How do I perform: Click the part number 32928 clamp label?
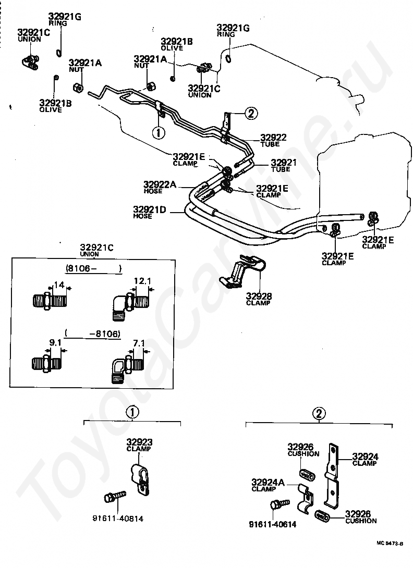[259, 299]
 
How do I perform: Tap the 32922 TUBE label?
[273, 140]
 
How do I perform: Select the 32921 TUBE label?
[284, 166]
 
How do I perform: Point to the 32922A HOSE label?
[160, 187]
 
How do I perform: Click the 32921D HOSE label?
[149, 212]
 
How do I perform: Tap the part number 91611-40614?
[272, 524]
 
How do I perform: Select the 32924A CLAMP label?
[268, 485]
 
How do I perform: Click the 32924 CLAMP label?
[365, 459]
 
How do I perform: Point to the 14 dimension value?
[59, 285]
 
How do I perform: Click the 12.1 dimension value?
[142, 281]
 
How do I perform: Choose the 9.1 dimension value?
[55, 342]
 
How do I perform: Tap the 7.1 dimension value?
[139, 343]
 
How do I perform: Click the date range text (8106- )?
[93, 268]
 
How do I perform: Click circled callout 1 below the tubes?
[159, 132]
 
